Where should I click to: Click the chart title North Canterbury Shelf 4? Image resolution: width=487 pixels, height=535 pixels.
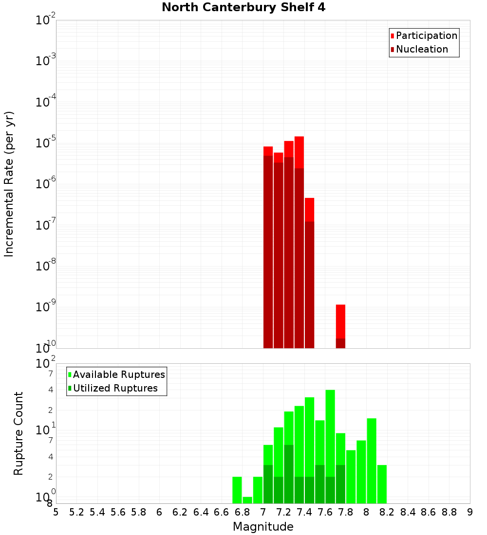pos(243,8)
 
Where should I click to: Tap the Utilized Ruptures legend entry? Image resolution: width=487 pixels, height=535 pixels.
pos(115,388)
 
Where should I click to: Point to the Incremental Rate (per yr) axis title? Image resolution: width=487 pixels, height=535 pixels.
pos(9,184)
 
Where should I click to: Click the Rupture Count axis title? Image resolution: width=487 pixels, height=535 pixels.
pos(19,433)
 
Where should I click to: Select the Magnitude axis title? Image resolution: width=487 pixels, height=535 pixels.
pos(263,527)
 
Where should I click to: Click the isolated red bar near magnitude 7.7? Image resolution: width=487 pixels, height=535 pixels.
pos(340,326)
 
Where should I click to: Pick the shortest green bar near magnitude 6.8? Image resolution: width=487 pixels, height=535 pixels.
pos(247,500)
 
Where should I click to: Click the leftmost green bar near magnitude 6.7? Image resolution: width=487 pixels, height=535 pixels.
pos(237,490)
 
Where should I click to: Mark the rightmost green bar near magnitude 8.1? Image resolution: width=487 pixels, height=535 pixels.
pos(382,484)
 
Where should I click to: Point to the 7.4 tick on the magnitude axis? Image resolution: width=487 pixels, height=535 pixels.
pos(304,512)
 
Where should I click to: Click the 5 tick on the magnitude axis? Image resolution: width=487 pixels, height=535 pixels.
pos(56,512)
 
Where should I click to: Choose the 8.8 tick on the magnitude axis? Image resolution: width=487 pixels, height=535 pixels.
pos(449,512)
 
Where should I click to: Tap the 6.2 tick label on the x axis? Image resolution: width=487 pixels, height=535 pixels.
pos(180,512)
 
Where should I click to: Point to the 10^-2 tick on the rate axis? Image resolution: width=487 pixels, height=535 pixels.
pos(46,20)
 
